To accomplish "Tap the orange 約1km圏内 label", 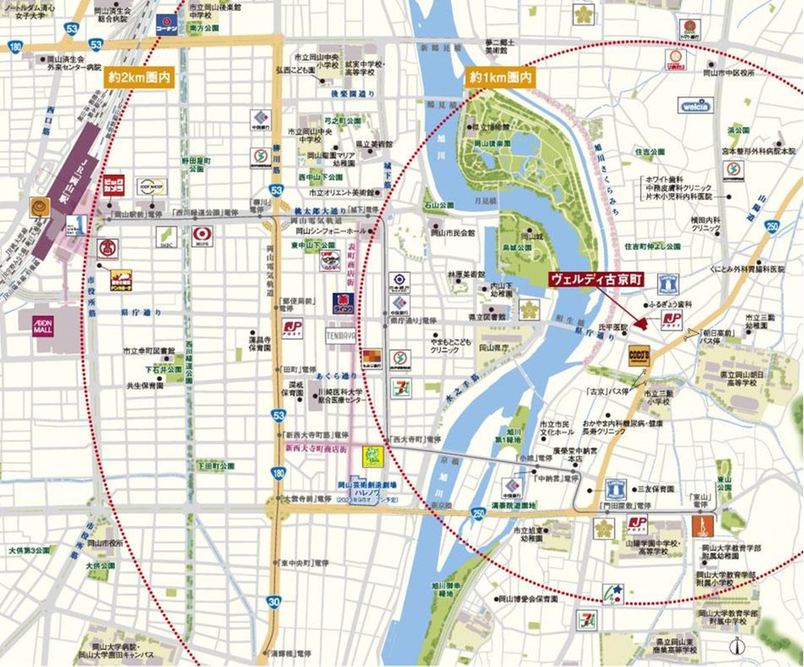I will (502, 77).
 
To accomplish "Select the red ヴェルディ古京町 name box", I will (597, 277).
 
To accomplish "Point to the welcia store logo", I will (695, 106).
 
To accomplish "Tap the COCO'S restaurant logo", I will (639, 355).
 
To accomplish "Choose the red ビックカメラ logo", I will (114, 185).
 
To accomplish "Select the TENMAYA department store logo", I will (339, 336).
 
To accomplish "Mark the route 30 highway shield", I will (273, 602).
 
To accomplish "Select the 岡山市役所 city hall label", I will (106, 542).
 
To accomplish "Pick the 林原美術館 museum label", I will (466, 275).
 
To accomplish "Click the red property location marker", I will (641, 323).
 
